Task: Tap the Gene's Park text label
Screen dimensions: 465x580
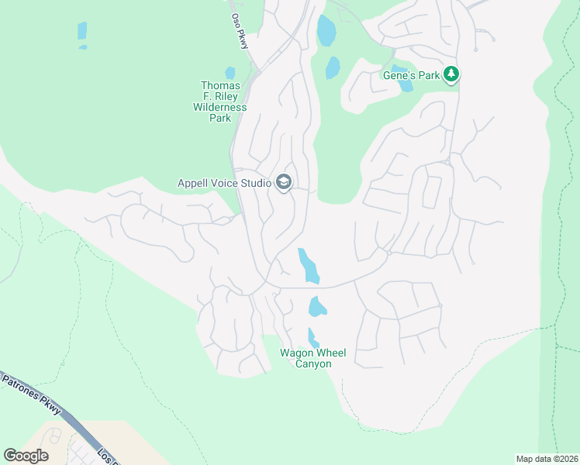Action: [x=411, y=75]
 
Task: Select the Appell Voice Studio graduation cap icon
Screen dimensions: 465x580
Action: [x=283, y=183]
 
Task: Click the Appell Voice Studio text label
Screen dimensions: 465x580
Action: [x=224, y=184]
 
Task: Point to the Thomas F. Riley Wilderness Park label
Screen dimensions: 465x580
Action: [x=219, y=102]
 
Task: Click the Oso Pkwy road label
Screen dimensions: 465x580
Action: [x=240, y=32]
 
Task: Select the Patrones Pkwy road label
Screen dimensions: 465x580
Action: [x=31, y=394]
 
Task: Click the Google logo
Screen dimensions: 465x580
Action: [x=26, y=456]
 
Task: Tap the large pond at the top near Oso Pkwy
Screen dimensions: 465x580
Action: [x=326, y=30]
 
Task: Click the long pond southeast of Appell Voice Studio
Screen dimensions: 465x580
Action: [x=309, y=265]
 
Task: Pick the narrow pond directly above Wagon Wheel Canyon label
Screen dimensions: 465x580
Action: [x=312, y=338]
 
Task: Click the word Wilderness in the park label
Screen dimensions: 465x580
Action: [x=219, y=108]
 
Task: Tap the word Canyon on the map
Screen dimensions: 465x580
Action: [x=312, y=364]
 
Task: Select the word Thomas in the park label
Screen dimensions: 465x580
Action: [x=219, y=85]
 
